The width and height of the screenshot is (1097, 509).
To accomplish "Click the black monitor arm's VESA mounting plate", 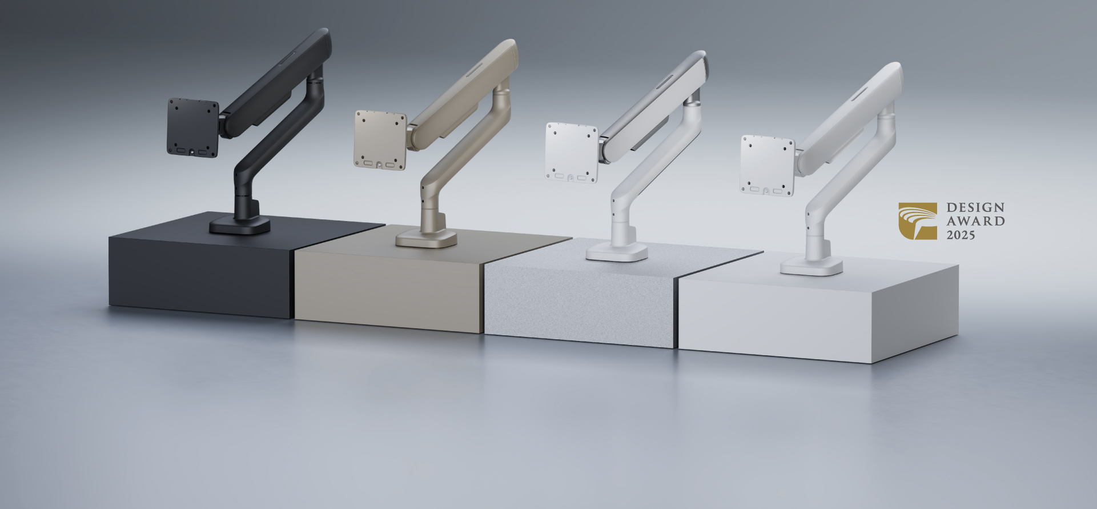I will tap(192, 128).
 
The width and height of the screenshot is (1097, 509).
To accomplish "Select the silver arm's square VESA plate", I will tap(571, 153).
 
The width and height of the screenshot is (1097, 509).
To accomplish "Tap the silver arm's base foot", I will tap(617, 252).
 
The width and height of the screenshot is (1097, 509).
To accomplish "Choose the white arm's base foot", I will tap(811, 266).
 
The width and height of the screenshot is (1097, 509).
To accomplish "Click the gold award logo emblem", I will tap(917, 221).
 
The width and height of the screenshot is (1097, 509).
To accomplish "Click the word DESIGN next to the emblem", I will tap(975, 207).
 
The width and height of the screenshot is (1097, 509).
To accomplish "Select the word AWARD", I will tap(975, 221).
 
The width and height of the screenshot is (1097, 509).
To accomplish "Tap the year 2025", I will tap(961, 235).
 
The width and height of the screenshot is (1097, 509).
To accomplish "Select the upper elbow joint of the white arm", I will tap(887, 111).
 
